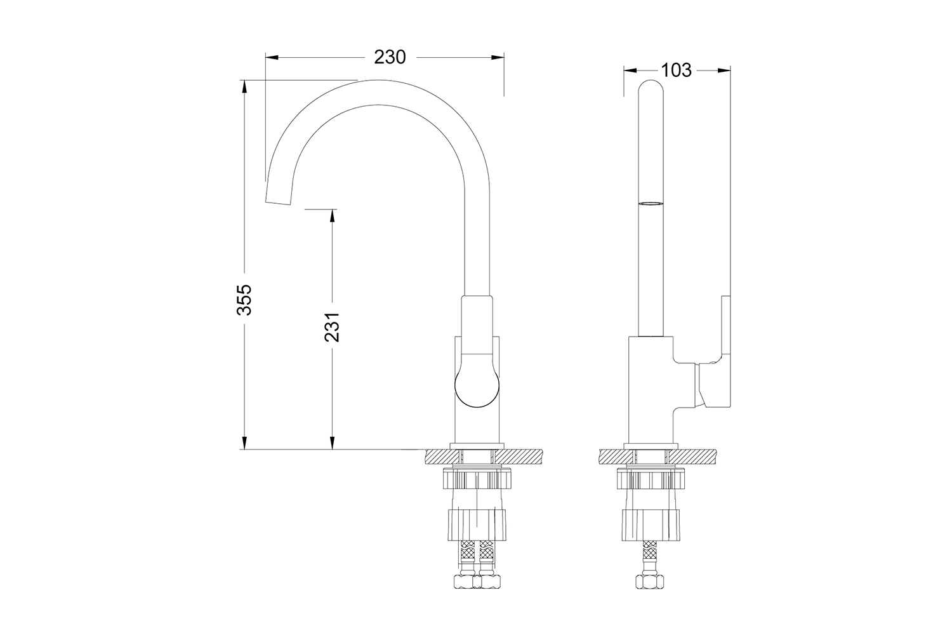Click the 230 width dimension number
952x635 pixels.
point(389,57)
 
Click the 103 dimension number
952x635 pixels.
point(676,70)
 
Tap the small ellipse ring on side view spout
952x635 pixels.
point(651,204)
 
